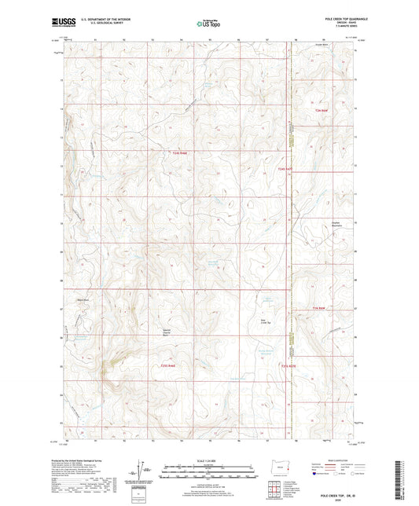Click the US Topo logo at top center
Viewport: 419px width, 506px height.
pos(207,24)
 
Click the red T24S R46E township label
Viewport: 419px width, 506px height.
pos(180,152)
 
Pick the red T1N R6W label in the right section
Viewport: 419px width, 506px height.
pos(319,307)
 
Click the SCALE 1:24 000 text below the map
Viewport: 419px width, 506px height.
pos(208,460)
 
